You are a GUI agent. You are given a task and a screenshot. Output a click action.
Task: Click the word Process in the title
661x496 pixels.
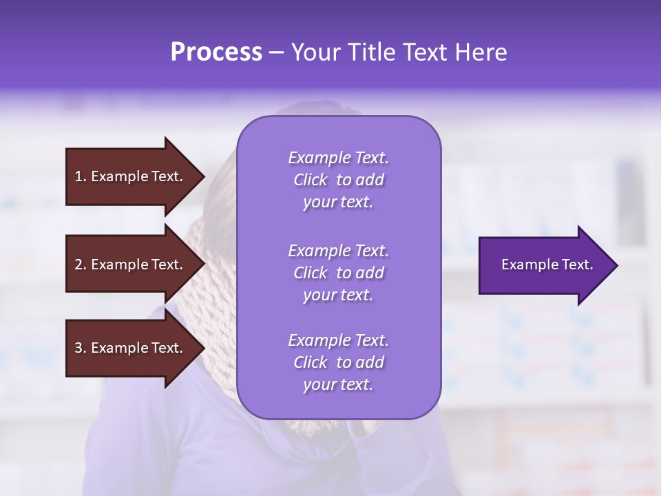216,52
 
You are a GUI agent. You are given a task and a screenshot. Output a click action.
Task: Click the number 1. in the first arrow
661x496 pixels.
81,176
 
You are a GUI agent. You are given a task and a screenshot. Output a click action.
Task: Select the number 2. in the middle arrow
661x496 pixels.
81,265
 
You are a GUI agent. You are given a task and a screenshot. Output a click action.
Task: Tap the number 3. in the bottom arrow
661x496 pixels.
81,348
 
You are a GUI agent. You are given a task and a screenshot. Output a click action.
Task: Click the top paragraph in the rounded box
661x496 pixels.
338,180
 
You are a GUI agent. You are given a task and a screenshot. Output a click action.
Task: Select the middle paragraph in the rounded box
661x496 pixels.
338,273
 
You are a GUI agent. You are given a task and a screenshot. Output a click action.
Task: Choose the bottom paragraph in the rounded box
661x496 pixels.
338,362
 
